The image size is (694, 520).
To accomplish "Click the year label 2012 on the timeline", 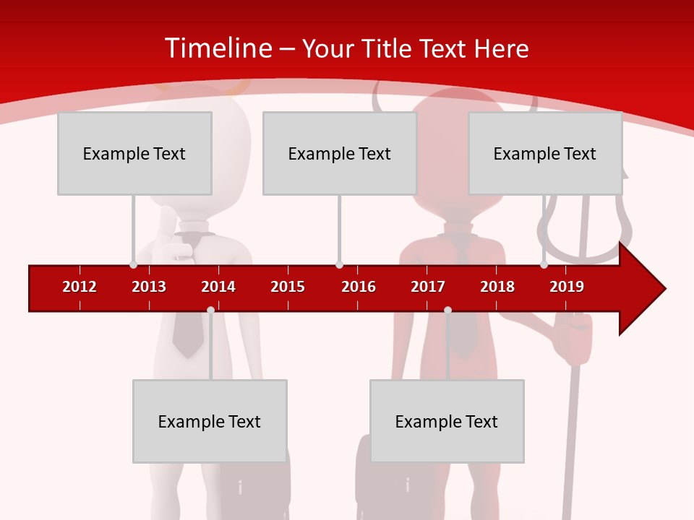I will [x=80, y=287].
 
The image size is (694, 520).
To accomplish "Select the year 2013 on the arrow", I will [x=149, y=287].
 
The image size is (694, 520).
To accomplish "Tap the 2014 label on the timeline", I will [x=218, y=287].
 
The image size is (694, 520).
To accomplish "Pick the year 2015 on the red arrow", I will [x=288, y=287].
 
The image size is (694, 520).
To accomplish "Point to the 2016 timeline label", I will [x=359, y=287].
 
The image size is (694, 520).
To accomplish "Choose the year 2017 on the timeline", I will [x=428, y=287].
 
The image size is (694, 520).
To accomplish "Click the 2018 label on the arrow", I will [x=497, y=287].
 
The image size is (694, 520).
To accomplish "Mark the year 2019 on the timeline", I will [x=567, y=287].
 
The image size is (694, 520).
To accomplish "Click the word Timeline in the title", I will [x=217, y=48].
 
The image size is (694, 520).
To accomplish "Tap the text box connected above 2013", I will [x=134, y=153].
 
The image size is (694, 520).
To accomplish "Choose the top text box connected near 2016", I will [x=340, y=153].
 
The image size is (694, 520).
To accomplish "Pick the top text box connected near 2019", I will [x=545, y=153].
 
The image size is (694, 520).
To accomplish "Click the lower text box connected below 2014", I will [x=210, y=421].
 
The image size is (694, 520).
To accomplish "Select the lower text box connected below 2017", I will [x=447, y=421].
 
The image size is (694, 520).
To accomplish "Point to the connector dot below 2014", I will [x=210, y=310].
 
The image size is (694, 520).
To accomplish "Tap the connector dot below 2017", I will [x=447, y=310].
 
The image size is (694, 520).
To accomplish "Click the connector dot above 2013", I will [x=133, y=264].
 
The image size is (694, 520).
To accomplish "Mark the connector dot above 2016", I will [x=339, y=264].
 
